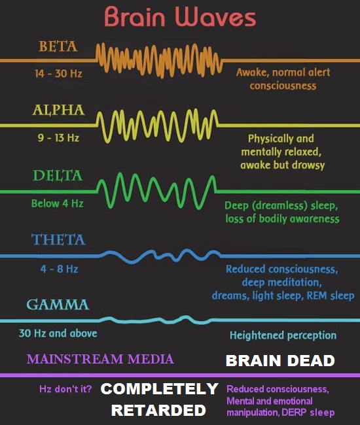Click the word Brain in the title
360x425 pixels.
coord(135,16)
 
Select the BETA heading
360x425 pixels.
coord(58,46)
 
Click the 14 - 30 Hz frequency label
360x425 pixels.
coord(58,73)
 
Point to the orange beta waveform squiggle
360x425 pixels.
coord(160,60)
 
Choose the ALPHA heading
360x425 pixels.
coord(59,110)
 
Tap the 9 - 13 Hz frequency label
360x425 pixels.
coord(58,138)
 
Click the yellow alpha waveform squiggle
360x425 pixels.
coord(157,126)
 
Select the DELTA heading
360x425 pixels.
coord(58,175)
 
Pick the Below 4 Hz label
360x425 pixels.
coord(57,203)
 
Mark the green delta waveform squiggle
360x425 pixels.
coord(157,192)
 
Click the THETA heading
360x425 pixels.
coord(58,239)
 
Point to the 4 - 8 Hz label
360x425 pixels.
coord(59,269)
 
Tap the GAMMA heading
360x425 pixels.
coord(58,305)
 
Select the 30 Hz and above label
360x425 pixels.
coord(58,333)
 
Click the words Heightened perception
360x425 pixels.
coord(283,335)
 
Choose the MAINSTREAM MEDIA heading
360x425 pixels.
coord(100,359)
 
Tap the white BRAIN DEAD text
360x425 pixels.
coord(280,361)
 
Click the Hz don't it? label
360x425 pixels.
coord(65,389)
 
